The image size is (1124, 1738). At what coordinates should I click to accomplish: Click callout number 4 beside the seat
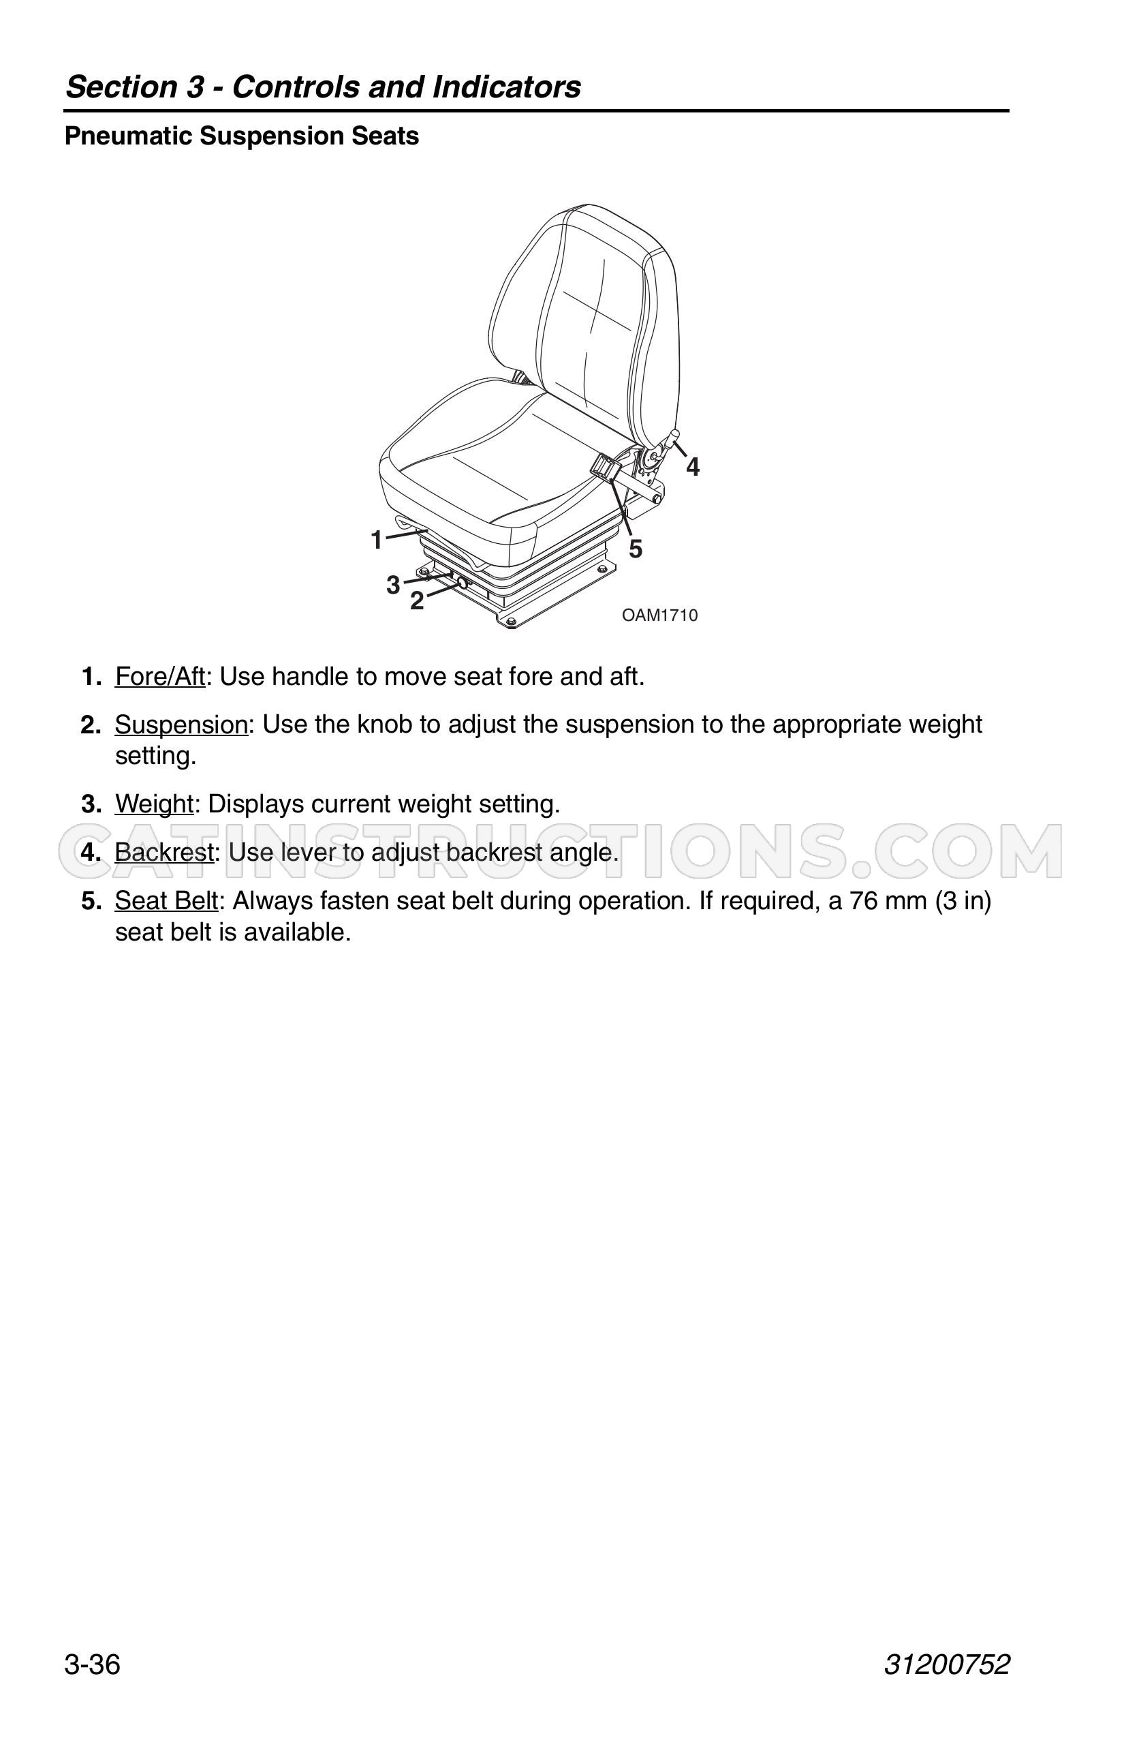(x=693, y=468)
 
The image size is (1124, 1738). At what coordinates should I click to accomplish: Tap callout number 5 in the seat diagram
(x=635, y=549)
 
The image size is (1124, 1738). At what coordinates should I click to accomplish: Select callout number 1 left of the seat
(x=377, y=540)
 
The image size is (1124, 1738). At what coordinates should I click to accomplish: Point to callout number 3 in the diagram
(x=394, y=585)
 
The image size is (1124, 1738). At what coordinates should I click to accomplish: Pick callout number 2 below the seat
(x=417, y=601)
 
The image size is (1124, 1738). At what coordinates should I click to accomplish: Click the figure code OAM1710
(x=660, y=615)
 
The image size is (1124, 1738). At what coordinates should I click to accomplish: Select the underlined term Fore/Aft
(x=160, y=677)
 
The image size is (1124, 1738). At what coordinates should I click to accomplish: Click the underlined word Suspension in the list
(x=182, y=725)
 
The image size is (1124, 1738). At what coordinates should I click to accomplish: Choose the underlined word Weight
(x=154, y=805)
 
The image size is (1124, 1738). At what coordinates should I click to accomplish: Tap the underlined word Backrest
(x=164, y=852)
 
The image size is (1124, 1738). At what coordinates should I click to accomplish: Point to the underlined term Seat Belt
(x=166, y=901)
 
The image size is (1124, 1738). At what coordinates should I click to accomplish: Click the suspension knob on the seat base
(x=461, y=582)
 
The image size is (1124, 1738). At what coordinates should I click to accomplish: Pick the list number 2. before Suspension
(x=91, y=725)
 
